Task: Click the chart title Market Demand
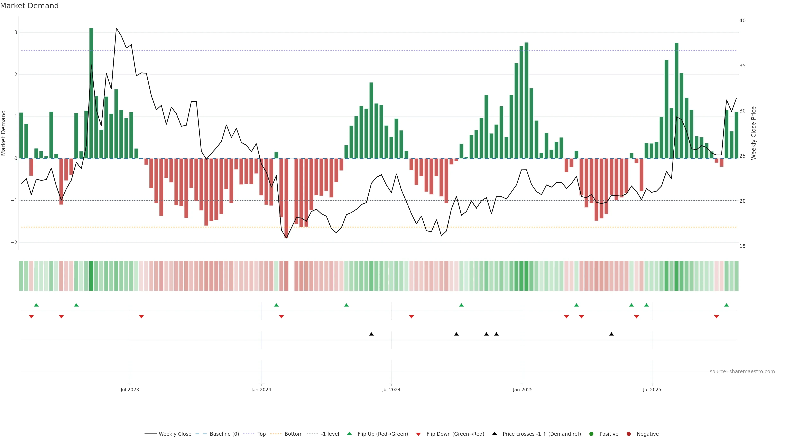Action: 29,6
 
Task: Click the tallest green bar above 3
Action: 91,91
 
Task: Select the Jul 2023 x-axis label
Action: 130,390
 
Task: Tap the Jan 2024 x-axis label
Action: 261,390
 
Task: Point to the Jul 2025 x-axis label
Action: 652,390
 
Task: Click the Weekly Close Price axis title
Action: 754,133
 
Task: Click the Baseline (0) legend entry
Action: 224,434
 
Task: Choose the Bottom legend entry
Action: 293,434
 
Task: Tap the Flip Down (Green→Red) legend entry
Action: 455,434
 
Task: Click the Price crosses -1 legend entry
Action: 542,434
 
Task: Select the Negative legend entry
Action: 648,434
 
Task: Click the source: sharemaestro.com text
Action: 742,372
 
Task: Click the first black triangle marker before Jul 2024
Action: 371,334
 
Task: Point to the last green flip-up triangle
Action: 727,305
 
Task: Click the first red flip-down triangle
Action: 31,317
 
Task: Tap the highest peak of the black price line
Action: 116,28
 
